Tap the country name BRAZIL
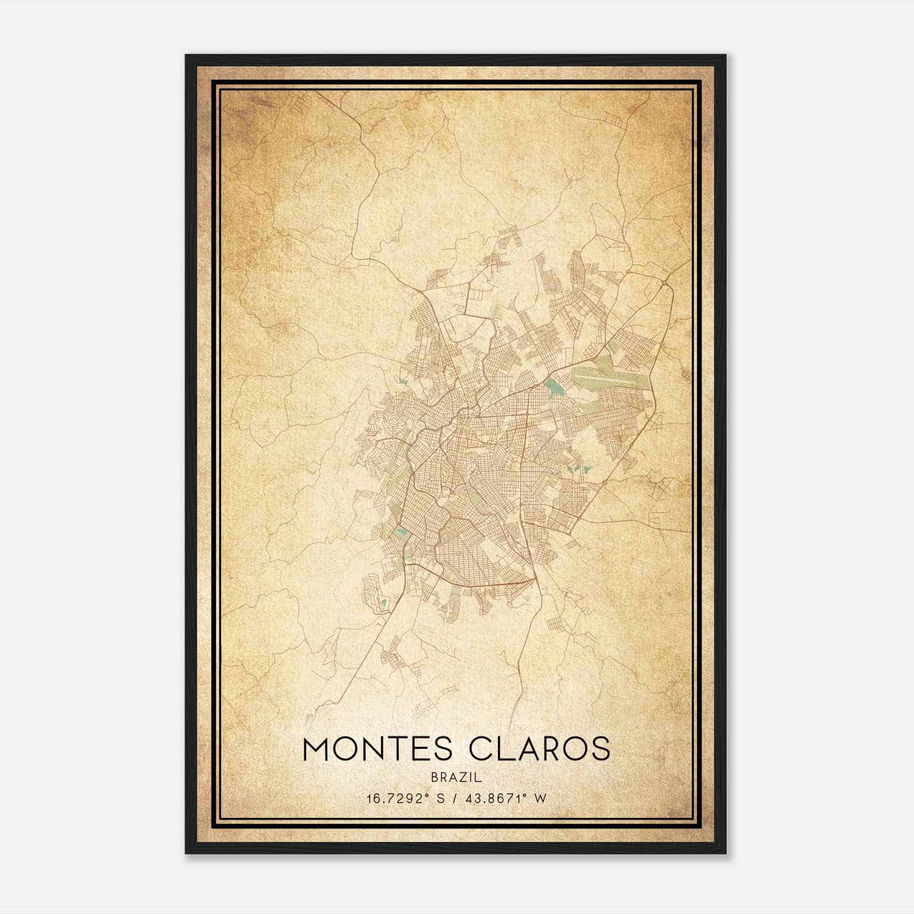pyautogui.click(x=456, y=777)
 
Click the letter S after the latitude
pyautogui.click(x=440, y=799)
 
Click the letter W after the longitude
pyautogui.click(x=540, y=799)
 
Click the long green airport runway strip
pyautogui.click(x=611, y=378)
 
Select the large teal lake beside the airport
pyautogui.click(x=553, y=388)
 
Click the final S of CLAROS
pyautogui.click(x=600, y=749)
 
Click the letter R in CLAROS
pyautogui.click(x=547, y=749)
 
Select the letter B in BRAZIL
pyautogui.click(x=435, y=777)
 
